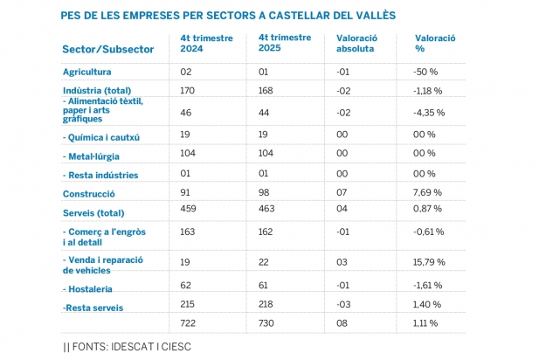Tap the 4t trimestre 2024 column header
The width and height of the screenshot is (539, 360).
coord(203,44)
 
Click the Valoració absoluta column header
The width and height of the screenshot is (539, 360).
coord(358,44)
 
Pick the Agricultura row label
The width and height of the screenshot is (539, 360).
coord(87,72)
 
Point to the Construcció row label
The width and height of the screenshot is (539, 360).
coord(90,193)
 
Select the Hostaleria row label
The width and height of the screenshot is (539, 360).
coord(90,287)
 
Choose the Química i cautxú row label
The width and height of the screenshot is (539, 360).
coord(101,137)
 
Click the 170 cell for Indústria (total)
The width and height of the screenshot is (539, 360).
coord(188,90)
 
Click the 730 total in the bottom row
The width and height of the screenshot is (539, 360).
coord(267,325)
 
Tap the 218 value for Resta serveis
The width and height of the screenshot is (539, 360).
coord(267,307)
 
